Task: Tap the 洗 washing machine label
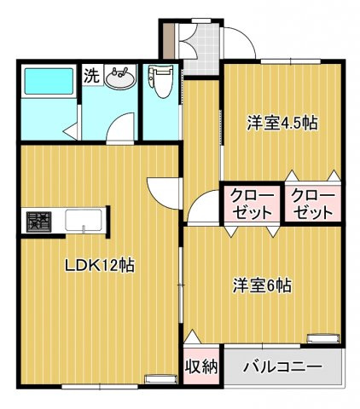click(x=90, y=74)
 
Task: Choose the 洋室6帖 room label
click(x=263, y=286)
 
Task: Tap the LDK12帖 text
click(x=100, y=264)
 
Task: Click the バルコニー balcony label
click(x=282, y=368)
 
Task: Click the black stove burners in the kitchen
click(x=37, y=221)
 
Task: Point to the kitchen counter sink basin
click(x=84, y=219)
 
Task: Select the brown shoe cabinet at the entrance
click(x=169, y=38)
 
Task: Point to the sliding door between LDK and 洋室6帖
click(x=182, y=281)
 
